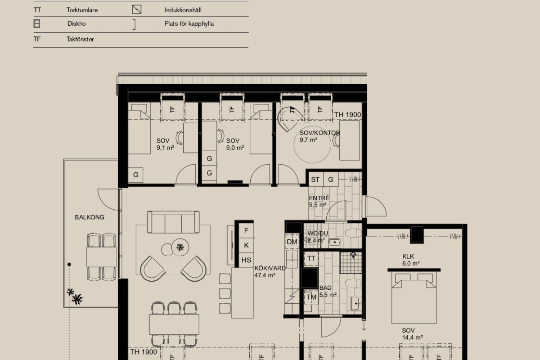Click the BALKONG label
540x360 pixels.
click(90, 217)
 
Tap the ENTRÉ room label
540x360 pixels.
click(319, 198)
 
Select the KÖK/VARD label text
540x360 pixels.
click(270, 268)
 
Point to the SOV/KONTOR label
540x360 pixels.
click(319, 133)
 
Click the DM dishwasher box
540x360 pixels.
click(292, 242)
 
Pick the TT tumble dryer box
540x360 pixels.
click(311, 259)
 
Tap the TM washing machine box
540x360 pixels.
click(311, 297)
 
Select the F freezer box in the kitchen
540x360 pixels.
click(246, 230)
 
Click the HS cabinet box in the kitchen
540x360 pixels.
click(246, 260)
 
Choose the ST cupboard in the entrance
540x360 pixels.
click(315, 180)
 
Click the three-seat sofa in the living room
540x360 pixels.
click(173, 222)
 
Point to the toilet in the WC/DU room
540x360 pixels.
click(353, 233)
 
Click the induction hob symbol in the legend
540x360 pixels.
click(137, 9)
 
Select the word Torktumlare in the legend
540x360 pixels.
click(82, 10)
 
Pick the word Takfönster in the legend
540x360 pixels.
click(80, 39)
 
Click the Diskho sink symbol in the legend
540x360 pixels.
click(36, 24)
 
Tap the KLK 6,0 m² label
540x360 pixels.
click(411, 260)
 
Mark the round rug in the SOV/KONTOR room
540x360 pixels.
click(312, 144)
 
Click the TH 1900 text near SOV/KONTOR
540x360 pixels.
click(347, 115)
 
